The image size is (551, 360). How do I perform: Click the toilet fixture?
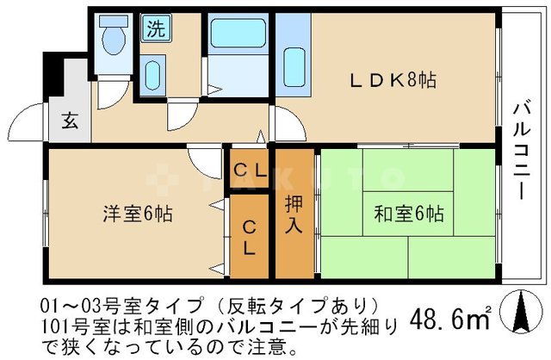(113, 35)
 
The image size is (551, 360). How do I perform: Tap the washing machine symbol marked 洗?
(157, 28)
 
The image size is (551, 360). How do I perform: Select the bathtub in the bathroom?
(238, 33)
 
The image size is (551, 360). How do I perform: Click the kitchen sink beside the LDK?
(294, 67)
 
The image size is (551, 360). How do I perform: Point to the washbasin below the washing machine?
(153, 75)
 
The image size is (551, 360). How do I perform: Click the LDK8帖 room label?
(393, 80)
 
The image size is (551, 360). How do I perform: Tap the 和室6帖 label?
(409, 213)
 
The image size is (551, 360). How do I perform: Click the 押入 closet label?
(294, 214)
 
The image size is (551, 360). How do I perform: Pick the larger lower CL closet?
(249, 236)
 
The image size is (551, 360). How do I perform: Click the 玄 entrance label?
(70, 121)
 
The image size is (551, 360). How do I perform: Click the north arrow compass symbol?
(521, 312)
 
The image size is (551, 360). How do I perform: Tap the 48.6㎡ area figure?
(451, 318)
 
